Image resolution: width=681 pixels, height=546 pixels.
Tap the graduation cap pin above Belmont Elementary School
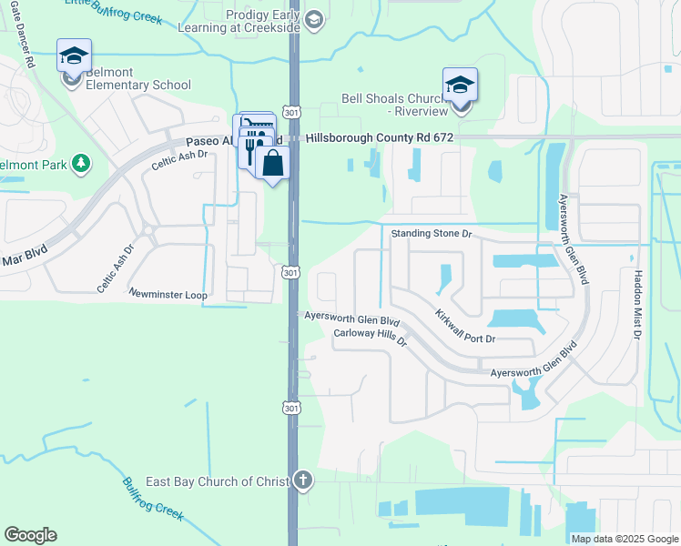(73, 56)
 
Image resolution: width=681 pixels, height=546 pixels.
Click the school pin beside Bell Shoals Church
(461, 86)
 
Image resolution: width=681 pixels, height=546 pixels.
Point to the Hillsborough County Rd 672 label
(380, 137)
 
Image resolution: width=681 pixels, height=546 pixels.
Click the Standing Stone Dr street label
(432, 234)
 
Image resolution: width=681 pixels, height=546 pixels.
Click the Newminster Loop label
(168, 295)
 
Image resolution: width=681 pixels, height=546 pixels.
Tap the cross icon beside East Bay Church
(303, 480)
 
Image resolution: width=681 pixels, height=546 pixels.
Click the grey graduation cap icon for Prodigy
(313, 20)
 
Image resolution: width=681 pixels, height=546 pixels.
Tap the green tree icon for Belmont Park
(82, 163)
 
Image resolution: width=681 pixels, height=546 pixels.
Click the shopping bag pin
(271, 165)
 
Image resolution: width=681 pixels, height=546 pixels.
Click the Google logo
(30, 535)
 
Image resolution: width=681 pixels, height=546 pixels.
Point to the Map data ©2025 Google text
(624, 539)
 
